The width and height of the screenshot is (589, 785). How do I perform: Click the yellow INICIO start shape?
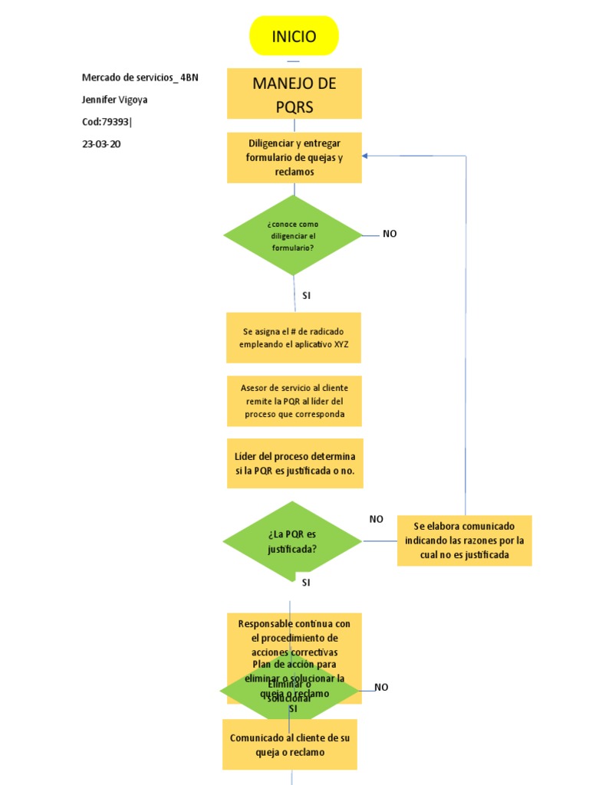tap(294, 36)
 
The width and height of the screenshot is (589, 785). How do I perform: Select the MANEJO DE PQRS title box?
tap(294, 94)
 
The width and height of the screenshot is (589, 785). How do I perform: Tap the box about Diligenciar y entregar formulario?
tap(294, 157)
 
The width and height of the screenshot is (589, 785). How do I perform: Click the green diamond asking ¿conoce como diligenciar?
tap(291, 235)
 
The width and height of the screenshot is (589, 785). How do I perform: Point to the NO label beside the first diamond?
tap(390, 234)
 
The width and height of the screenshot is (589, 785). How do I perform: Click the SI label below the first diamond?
tap(306, 295)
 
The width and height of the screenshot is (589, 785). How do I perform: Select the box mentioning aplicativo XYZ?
tap(294, 337)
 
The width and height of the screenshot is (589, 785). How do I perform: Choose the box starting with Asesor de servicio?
tap(294, 401)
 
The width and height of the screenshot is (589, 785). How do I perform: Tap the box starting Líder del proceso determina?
tap(294, 463)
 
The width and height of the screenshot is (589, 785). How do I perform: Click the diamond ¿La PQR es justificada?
tap(291, 541)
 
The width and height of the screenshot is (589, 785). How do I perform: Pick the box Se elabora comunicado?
tap(464, 540)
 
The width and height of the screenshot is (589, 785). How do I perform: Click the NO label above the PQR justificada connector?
tap(376, 519)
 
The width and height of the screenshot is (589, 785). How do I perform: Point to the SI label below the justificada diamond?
tap(305, 583)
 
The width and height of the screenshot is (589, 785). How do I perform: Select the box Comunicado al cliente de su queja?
tap(290, 744)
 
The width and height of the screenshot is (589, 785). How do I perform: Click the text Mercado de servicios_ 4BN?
tap(140, 77)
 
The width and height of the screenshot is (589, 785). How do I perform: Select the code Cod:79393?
tap(112, 121)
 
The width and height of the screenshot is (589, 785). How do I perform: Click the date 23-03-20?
tap(101, 143)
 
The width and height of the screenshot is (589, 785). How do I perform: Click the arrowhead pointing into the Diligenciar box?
tap(366, 156)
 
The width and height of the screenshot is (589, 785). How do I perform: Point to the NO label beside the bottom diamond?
tap(381, 688)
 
